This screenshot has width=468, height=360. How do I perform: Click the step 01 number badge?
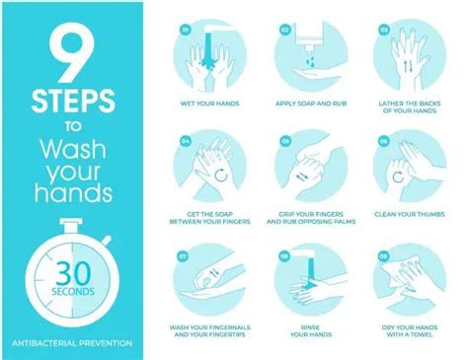(x=184, y=31)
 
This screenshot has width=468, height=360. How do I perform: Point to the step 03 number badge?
(x=383, y=31)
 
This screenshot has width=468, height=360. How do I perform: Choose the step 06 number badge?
(x=383, y=142)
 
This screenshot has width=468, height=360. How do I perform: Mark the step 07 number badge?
(x=184, y=257)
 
